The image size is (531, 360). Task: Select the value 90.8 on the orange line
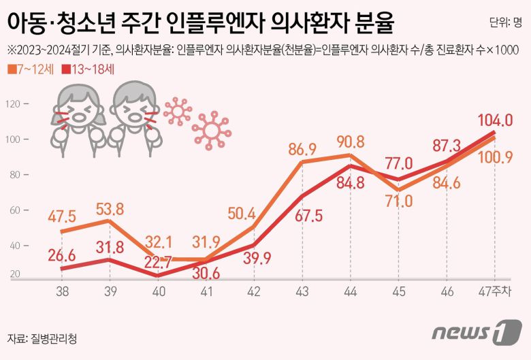[x=351, y=142]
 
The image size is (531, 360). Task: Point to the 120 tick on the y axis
[x=15, y=104]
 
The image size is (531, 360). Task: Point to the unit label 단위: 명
[x=505, y=22]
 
